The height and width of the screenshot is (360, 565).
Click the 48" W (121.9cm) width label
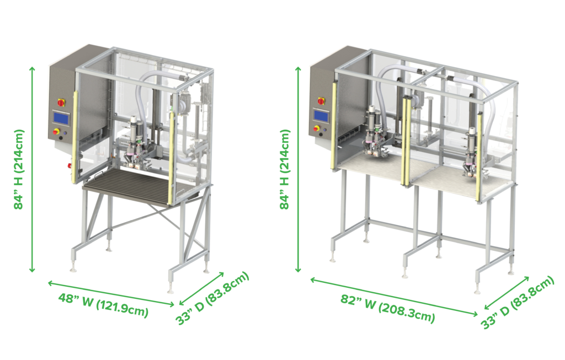click(x=103, y=305)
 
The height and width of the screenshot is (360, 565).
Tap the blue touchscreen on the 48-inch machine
click(x=61, y=118)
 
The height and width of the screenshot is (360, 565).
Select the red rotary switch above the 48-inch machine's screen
click(x=61, y=103)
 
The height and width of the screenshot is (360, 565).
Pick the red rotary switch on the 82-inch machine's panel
click(x=321, y=101)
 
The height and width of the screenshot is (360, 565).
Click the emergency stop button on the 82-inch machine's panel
click(x=317, y=128)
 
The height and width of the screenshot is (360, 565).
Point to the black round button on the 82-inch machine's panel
click(x=321, y=135)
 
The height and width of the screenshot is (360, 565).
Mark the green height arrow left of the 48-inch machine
click(x=32, y=169)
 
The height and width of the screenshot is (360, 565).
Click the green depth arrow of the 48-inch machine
click(x=202, y=288)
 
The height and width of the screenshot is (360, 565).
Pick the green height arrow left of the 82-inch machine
click(x=298, y=169)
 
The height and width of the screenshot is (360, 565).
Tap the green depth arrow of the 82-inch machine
click(x=507, y=293)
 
